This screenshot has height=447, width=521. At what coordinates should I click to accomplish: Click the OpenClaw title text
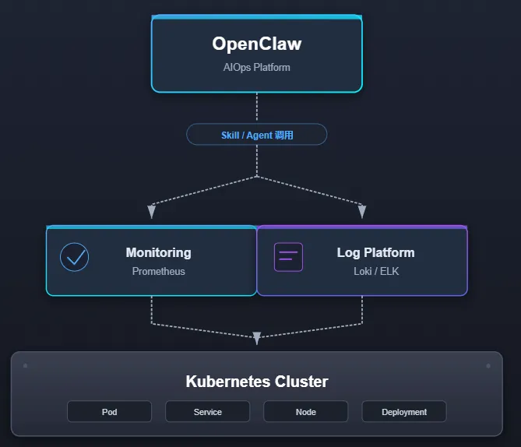tap(256, 44)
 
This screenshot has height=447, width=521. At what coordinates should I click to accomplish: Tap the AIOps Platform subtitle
tap(256, 67)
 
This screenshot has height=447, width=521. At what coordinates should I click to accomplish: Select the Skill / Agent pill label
tap(256, 135)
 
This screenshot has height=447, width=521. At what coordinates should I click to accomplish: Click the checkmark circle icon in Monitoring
tap(75, 257)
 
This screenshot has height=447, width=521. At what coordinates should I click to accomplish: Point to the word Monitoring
tap(158, 252)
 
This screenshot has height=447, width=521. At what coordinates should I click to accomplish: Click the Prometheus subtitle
tap(158, 272)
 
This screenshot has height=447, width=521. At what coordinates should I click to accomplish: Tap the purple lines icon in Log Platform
tap(288, 257)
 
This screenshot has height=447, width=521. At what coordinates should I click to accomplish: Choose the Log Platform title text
tap(375, 252)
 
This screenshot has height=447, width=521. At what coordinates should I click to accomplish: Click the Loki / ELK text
tap(375, 272)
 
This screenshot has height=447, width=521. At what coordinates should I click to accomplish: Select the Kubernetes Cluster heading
tap(256, 382)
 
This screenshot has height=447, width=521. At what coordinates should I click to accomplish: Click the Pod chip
tap(109, 412)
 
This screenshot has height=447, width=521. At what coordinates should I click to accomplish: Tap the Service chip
tap(207, 412)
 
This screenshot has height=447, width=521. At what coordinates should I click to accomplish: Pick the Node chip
tap(305, 412)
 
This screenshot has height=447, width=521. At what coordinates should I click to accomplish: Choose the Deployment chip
tap(404, 412)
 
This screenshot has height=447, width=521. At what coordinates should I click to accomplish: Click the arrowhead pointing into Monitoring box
tap(152, 211)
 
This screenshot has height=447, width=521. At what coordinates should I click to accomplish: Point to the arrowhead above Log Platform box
tap(361, 211)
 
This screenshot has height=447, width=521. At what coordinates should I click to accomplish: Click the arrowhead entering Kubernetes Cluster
tap(257, 339)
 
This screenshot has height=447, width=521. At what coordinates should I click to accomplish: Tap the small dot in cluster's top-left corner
tap(26, 365)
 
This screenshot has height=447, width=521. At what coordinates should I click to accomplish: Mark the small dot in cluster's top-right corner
tap(488, 365)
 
